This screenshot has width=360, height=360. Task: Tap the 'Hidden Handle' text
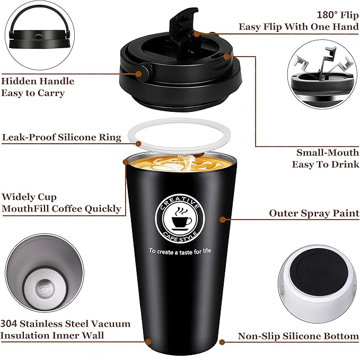point(38,81)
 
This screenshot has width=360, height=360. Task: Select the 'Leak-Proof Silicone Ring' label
point(62,137)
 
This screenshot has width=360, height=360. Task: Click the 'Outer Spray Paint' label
point(314,213)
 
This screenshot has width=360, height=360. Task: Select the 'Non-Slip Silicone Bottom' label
point(298,336)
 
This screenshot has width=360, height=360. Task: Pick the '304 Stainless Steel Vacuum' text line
point(65,323)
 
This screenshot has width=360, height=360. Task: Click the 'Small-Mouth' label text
point(328,152)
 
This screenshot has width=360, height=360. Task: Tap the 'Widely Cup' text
point(29,197)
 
